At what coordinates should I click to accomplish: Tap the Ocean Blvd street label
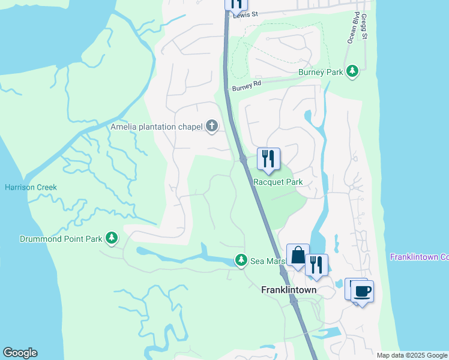[352, 29]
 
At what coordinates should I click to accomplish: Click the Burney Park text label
[321, 72]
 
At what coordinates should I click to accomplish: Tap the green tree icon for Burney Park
[353, 71]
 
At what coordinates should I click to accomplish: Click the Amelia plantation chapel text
[157, 127]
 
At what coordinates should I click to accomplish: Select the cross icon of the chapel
[211, 126]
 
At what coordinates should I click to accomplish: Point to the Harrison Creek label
[31, 187]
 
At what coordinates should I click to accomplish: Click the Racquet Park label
[277, 182]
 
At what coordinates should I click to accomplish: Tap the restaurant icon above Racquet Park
[268, 159]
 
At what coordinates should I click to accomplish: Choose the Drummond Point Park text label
[52, 239]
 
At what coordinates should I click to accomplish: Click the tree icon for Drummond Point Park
[111, 238]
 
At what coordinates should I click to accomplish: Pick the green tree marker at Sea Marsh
[241, 260]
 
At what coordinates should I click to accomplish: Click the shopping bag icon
[298, 256]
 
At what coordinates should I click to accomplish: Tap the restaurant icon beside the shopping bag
[316, 265]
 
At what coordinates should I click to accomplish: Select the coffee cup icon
[362, 292]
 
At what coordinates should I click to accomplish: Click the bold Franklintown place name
[289, 289]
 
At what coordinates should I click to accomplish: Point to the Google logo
[20, 353]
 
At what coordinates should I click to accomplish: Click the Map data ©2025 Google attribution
[411, 355]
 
